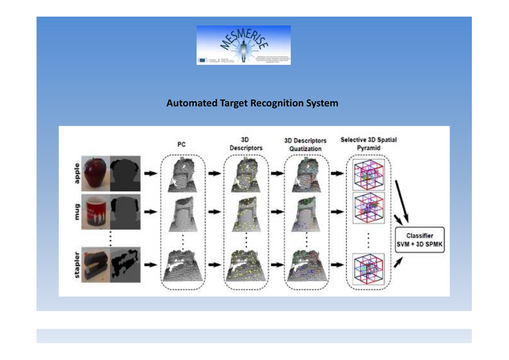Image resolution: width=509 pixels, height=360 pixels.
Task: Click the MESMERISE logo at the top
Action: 243,45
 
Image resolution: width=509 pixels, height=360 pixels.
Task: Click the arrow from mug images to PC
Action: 151,212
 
